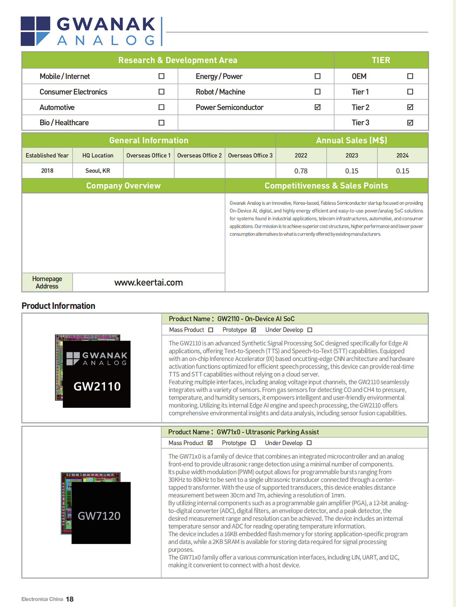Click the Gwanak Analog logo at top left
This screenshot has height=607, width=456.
tap(88, 31)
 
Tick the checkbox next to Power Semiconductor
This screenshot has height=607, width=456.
tap(317, 107)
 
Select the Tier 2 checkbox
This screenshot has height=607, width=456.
tap(410, 107)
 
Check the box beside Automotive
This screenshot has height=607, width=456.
tap(161, 107)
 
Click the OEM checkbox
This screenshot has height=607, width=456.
tap(410, 76)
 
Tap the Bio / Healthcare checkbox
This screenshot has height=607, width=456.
tap(161, 123)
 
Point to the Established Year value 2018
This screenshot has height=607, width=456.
tap(47, 171)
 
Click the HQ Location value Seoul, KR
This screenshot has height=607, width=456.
tap(98, 171)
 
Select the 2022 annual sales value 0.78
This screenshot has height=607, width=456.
tap(301, 171)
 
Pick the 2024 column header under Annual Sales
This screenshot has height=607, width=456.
tap(402, 155)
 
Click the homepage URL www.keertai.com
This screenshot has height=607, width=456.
tap(148, 282)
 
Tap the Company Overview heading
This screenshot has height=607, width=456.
tap(123, 186)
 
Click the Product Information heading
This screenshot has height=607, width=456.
tap(58, 306)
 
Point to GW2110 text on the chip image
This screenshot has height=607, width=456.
tap(97, 386)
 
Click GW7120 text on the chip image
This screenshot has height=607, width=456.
tap(99, 516)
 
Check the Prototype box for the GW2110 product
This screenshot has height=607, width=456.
tap(254, 330)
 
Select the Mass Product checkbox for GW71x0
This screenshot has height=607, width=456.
tap(210, 443)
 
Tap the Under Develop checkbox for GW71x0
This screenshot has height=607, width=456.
tap(309, 443)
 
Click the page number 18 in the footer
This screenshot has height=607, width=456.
tap(70, 599)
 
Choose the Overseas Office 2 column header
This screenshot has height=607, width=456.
tap(199, 155)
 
